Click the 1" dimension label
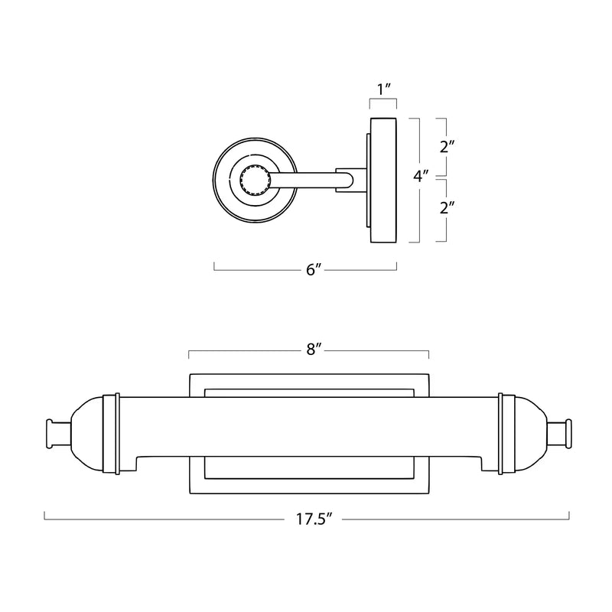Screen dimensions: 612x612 click(x=384, y=90)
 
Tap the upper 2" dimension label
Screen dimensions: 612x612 click(x=448, y=147)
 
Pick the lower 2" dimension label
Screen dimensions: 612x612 click(x=448, y=207)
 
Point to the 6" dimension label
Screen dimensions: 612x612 click(x=314, y=270)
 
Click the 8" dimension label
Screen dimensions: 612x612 click(x=314, y=350)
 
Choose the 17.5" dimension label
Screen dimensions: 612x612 click(x=314, y=519)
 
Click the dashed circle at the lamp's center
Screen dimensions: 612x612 click(x=255, y=180)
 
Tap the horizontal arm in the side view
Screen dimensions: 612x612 click(x=311, y=180)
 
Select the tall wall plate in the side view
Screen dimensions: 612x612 click(x=383, y=180)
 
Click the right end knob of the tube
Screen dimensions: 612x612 click(x=559, y=433)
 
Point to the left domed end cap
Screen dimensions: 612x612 click(x=86, y=434)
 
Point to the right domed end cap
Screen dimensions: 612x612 click(x=530, y=434)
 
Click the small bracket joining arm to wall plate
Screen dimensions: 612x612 click(x=351, y=180)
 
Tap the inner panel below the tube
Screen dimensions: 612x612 click(x=309, y=467)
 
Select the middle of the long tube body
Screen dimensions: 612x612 click(x=309, y=427)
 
